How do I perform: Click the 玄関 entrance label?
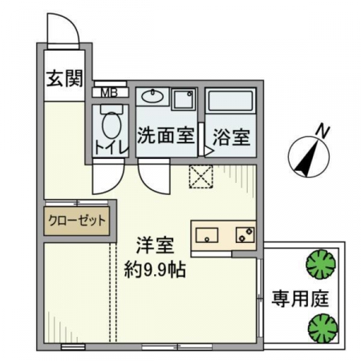tap(64, 79)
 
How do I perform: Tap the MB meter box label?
tap(109, 93)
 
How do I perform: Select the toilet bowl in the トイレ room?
tap(112, 123)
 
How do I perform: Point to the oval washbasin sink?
tap(152, 96)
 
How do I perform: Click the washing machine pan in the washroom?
tap(184, 99)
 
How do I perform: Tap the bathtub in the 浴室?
tap(230, 101)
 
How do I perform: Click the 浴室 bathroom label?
tap(232, 137)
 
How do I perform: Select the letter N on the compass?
tap(323, 132)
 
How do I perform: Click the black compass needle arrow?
tap(307, 158)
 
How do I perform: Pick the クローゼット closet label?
tap(77, 221)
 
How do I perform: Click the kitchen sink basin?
tap(207, 235)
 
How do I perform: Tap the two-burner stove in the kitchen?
tap(245, 235)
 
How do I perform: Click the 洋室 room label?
tap(156, 245)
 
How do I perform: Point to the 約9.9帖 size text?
tap(155, 270)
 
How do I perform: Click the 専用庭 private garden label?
tap(300, 298)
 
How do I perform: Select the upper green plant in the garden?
tap(321, 264)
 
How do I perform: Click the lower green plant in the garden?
tap(322, 328)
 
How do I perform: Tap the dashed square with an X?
tap(201, 176)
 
